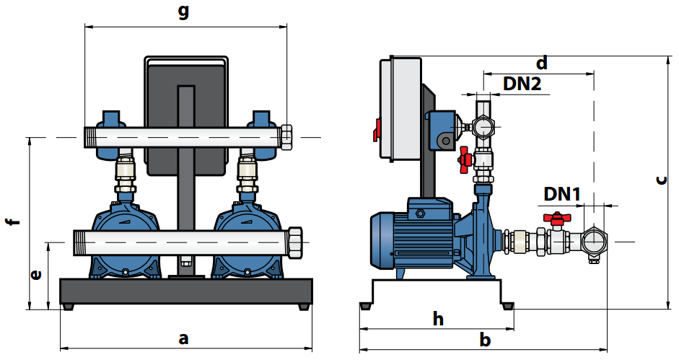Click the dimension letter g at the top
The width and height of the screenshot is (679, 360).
pos(184,12)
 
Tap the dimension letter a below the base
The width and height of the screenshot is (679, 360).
pos(183,338)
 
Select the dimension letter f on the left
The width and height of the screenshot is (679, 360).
pos(14,221)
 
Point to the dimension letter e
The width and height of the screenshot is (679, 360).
pos(36,275)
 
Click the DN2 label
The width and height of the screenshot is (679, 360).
pos(522,84)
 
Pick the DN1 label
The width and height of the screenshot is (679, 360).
pos(561,195)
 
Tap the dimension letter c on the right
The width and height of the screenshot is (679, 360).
pos(661,180)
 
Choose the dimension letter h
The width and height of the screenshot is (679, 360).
pos(438,320)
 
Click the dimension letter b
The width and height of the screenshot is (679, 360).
pos(485,340)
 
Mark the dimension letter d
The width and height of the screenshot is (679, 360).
pos(542,63)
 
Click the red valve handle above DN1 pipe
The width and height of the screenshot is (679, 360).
pos(556,218)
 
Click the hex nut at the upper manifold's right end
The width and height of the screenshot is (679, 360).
pos(286,137)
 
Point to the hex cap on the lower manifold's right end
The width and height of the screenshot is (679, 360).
pos(295,242)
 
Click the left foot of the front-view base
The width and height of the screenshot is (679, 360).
pos(68,307)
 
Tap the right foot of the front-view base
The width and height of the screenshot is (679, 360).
pos(305,307)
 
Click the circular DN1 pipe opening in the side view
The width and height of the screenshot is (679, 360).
pos(594,242)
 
